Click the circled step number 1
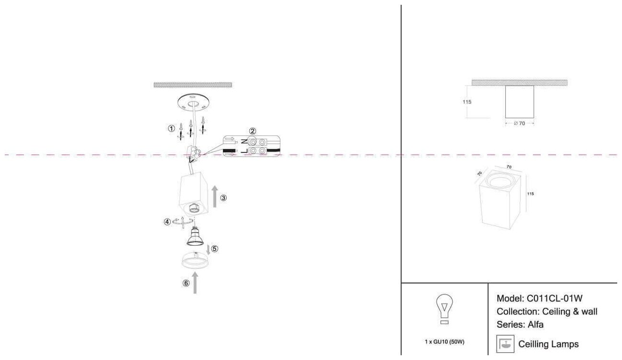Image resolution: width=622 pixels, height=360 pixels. pos(171,128)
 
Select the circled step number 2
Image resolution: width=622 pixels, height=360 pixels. pos(253,131)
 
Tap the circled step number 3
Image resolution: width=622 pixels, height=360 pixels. pos(223,197)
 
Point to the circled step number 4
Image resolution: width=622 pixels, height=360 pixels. pos(167,222)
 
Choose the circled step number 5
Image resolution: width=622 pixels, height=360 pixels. pos(214,248)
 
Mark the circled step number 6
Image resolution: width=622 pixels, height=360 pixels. pos(186,283)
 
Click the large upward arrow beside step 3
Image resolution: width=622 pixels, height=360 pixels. pos(214,196)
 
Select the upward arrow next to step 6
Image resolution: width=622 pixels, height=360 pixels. pos(195,282)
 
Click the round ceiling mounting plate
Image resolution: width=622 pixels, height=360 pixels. pos(193,102)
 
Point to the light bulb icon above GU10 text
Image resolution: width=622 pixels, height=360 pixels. pos(444,309)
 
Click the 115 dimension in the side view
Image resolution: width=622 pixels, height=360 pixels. pos(467,102)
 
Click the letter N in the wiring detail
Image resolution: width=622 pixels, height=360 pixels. pos(244,141)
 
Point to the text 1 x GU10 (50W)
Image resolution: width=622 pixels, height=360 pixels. pos(444,342)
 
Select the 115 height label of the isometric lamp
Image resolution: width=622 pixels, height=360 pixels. pos(530,194)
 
